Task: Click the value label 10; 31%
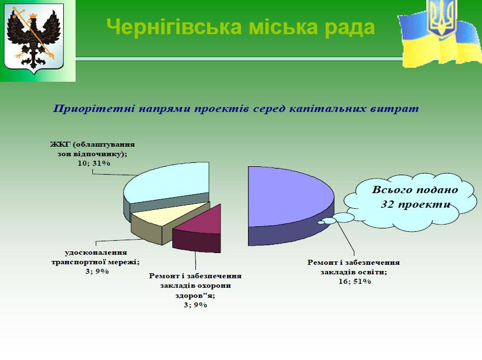coord(93,163)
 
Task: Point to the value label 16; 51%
coord(355,281)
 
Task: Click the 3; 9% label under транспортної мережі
coord(97,272)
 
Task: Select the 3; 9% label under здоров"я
coord(195,305)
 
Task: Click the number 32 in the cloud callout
coord(387,204)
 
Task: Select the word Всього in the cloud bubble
coord(391,190)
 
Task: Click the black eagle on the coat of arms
coord(34,39)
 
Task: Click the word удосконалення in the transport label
coord(96,253)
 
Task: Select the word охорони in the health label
coord(214,286)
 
